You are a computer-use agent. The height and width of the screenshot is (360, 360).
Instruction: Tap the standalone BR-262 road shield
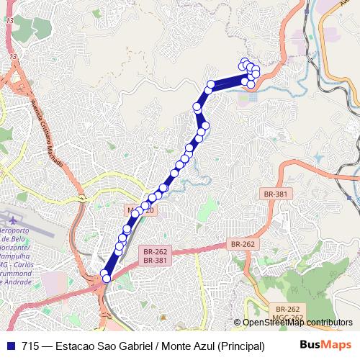pos(243,244)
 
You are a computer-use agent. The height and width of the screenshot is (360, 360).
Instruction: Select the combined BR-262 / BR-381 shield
pos(155,256)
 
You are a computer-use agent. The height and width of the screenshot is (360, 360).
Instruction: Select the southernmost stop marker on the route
pos(107,278)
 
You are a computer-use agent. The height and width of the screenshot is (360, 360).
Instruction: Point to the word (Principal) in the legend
pos(240,344)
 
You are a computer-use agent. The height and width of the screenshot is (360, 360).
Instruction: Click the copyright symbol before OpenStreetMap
pos(237,323)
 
